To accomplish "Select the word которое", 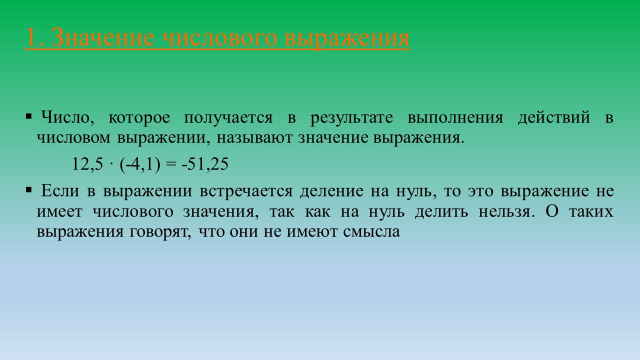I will (x=139, y=118).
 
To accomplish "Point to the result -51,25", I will (x=204, y=164).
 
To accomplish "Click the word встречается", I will (x=245, y=191).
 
